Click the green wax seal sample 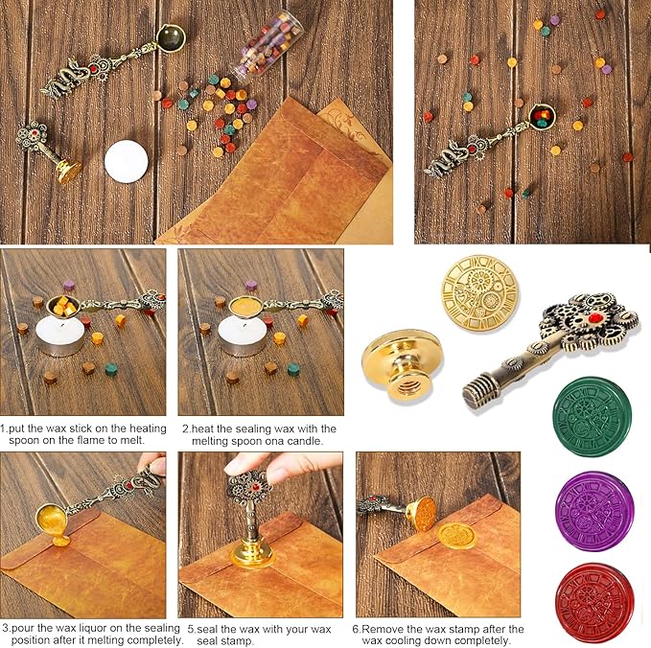pos(593,416)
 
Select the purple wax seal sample pos(594,511)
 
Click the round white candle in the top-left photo pos(127,161)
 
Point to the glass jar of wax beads pos(267,46)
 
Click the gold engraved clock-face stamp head pos(480,293)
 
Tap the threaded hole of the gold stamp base pos(409,387)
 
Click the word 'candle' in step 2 pos(304,440)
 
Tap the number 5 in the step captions pos(191,629)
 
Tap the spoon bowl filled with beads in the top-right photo pos(543,117)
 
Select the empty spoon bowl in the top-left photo pos(171,37)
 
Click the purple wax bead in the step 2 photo pos(250,285)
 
